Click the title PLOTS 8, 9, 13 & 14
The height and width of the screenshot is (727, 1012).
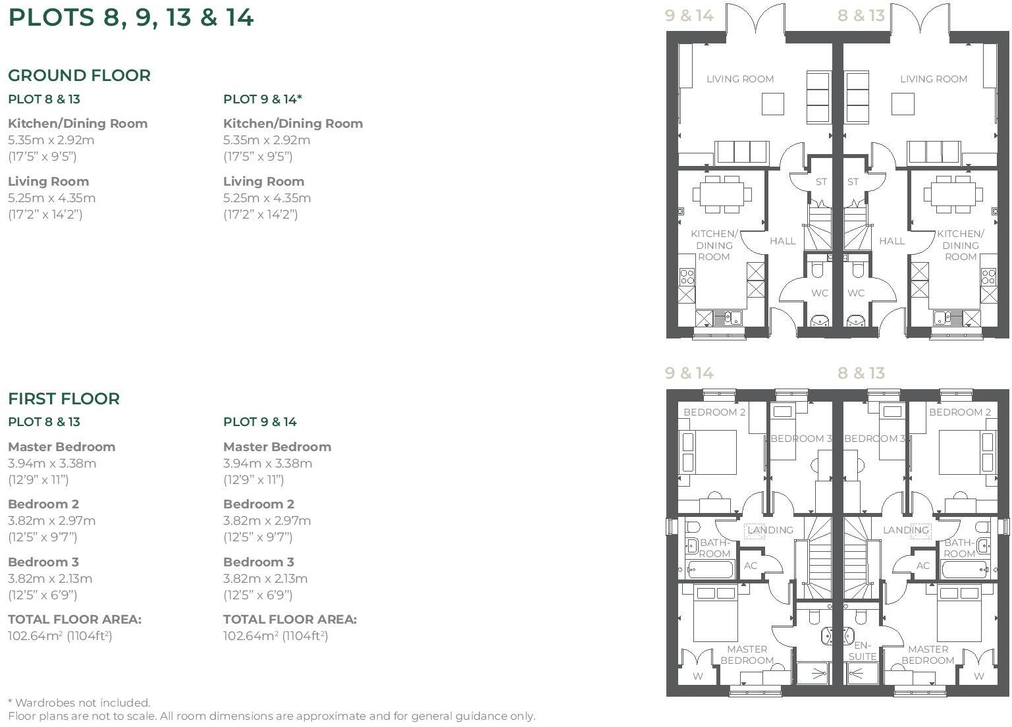coord(130,18)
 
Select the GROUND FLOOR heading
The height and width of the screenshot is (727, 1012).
coord(79,76)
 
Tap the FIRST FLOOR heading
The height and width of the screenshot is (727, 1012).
coord(64,398)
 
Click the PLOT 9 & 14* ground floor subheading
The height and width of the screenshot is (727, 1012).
coord(262,99)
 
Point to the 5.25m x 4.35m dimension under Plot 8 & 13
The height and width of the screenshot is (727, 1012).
coord(51,198)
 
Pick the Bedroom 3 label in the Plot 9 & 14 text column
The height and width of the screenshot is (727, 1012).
coord(258,562)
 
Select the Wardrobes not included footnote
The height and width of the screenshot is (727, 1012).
coord(79,703)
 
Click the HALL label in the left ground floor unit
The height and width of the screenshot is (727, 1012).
coord(782,241)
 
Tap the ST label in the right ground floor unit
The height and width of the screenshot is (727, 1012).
coord(853,182)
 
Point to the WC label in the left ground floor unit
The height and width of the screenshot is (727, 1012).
coord(819,293)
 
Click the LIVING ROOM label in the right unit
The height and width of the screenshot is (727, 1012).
coord(933,79)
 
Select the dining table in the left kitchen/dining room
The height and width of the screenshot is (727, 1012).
coord(722,194)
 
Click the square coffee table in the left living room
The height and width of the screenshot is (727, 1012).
coord(772,104)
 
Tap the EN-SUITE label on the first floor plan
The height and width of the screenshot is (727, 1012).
coord(862,651)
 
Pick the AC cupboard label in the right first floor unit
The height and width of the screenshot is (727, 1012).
coord(922,566)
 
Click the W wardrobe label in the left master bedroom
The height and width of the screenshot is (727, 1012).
coord(697,676)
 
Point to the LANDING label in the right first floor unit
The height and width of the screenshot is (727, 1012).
coord(905,529)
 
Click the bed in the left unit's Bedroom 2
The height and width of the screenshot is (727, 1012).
coord(708,452)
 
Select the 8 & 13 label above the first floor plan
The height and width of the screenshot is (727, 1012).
coord(861,373)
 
